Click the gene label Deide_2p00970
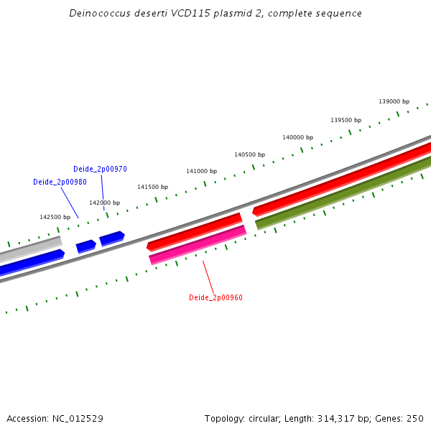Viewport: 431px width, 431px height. (x=100, y=170)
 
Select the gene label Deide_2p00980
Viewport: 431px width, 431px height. (x=60, y=182)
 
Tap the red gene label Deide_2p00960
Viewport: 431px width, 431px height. (x=215, y=297)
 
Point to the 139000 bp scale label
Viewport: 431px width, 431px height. (x=394, y=102)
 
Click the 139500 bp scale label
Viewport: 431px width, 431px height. (x=346, y=120)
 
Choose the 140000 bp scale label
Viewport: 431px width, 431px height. (x=297, y=137)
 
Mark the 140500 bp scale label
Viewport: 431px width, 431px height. (x=249, y=154)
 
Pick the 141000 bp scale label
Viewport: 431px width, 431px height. (x=201, y=172)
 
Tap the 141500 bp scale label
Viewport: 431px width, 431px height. (x=152, y=187)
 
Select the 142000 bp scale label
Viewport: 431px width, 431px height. (x=104, y=203)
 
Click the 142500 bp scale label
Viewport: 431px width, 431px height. (x=55, y=217)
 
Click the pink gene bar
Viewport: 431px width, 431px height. (x=198, y=244)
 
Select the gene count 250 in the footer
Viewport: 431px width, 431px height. (x=415, y=419)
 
